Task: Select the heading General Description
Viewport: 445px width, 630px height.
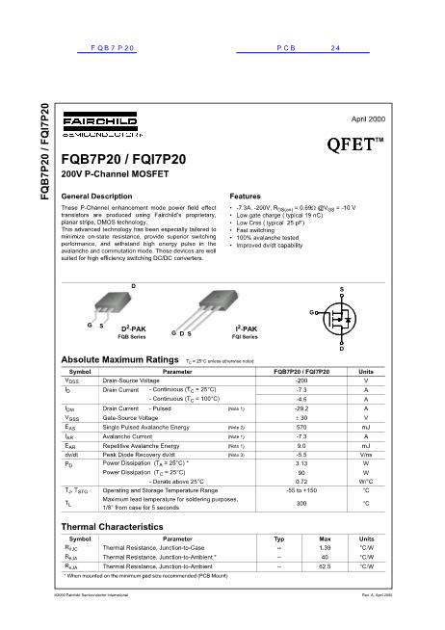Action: click(96, 196)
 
